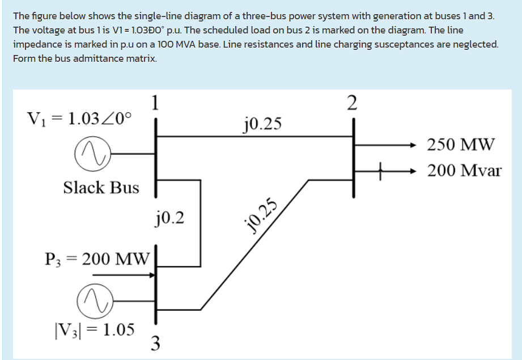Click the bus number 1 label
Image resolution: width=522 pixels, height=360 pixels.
[x=155, y=103]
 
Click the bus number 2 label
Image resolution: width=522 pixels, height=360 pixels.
[x=352, y=103]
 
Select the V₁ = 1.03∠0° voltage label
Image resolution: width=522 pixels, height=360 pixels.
[x=79, y=119]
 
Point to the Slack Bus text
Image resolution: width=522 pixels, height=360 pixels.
[x=101, y=188]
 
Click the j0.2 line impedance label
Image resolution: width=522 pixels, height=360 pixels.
[x=169, y=217]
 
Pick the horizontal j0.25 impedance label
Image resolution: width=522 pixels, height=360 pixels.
[x=261, y=123]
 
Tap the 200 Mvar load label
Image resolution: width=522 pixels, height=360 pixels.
[x=464, y=170]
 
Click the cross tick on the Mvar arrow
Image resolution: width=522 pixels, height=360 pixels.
[x=383, y=170]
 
